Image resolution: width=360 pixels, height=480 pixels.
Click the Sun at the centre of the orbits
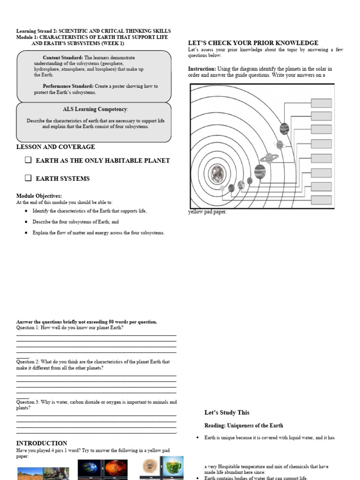coord(218,174)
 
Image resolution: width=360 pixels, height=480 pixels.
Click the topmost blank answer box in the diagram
coord(321,103)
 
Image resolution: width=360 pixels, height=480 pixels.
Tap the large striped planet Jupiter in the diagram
coord(260,172)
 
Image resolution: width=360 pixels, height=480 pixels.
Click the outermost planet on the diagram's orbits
coord(284,128)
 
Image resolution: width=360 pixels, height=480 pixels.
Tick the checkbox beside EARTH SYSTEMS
coord(28,178)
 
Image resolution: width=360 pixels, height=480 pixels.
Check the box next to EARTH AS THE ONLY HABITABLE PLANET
coord(28,160)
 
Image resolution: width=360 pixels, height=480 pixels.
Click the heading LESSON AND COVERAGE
coord(55,147)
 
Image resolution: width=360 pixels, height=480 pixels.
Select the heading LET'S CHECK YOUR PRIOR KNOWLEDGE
coord(253,43)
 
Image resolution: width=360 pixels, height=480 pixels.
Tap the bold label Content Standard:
coord(63,58)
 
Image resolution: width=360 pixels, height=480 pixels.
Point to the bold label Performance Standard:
coord(67,86)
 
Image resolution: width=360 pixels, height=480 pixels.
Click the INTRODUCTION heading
coord(42,443)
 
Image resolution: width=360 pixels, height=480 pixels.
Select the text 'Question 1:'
coord(28,328)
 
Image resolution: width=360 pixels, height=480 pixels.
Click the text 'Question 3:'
coord(28,402)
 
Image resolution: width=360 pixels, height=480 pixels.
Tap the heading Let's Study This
coord(227,412)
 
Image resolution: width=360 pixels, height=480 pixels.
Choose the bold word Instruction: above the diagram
coord(202,69)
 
